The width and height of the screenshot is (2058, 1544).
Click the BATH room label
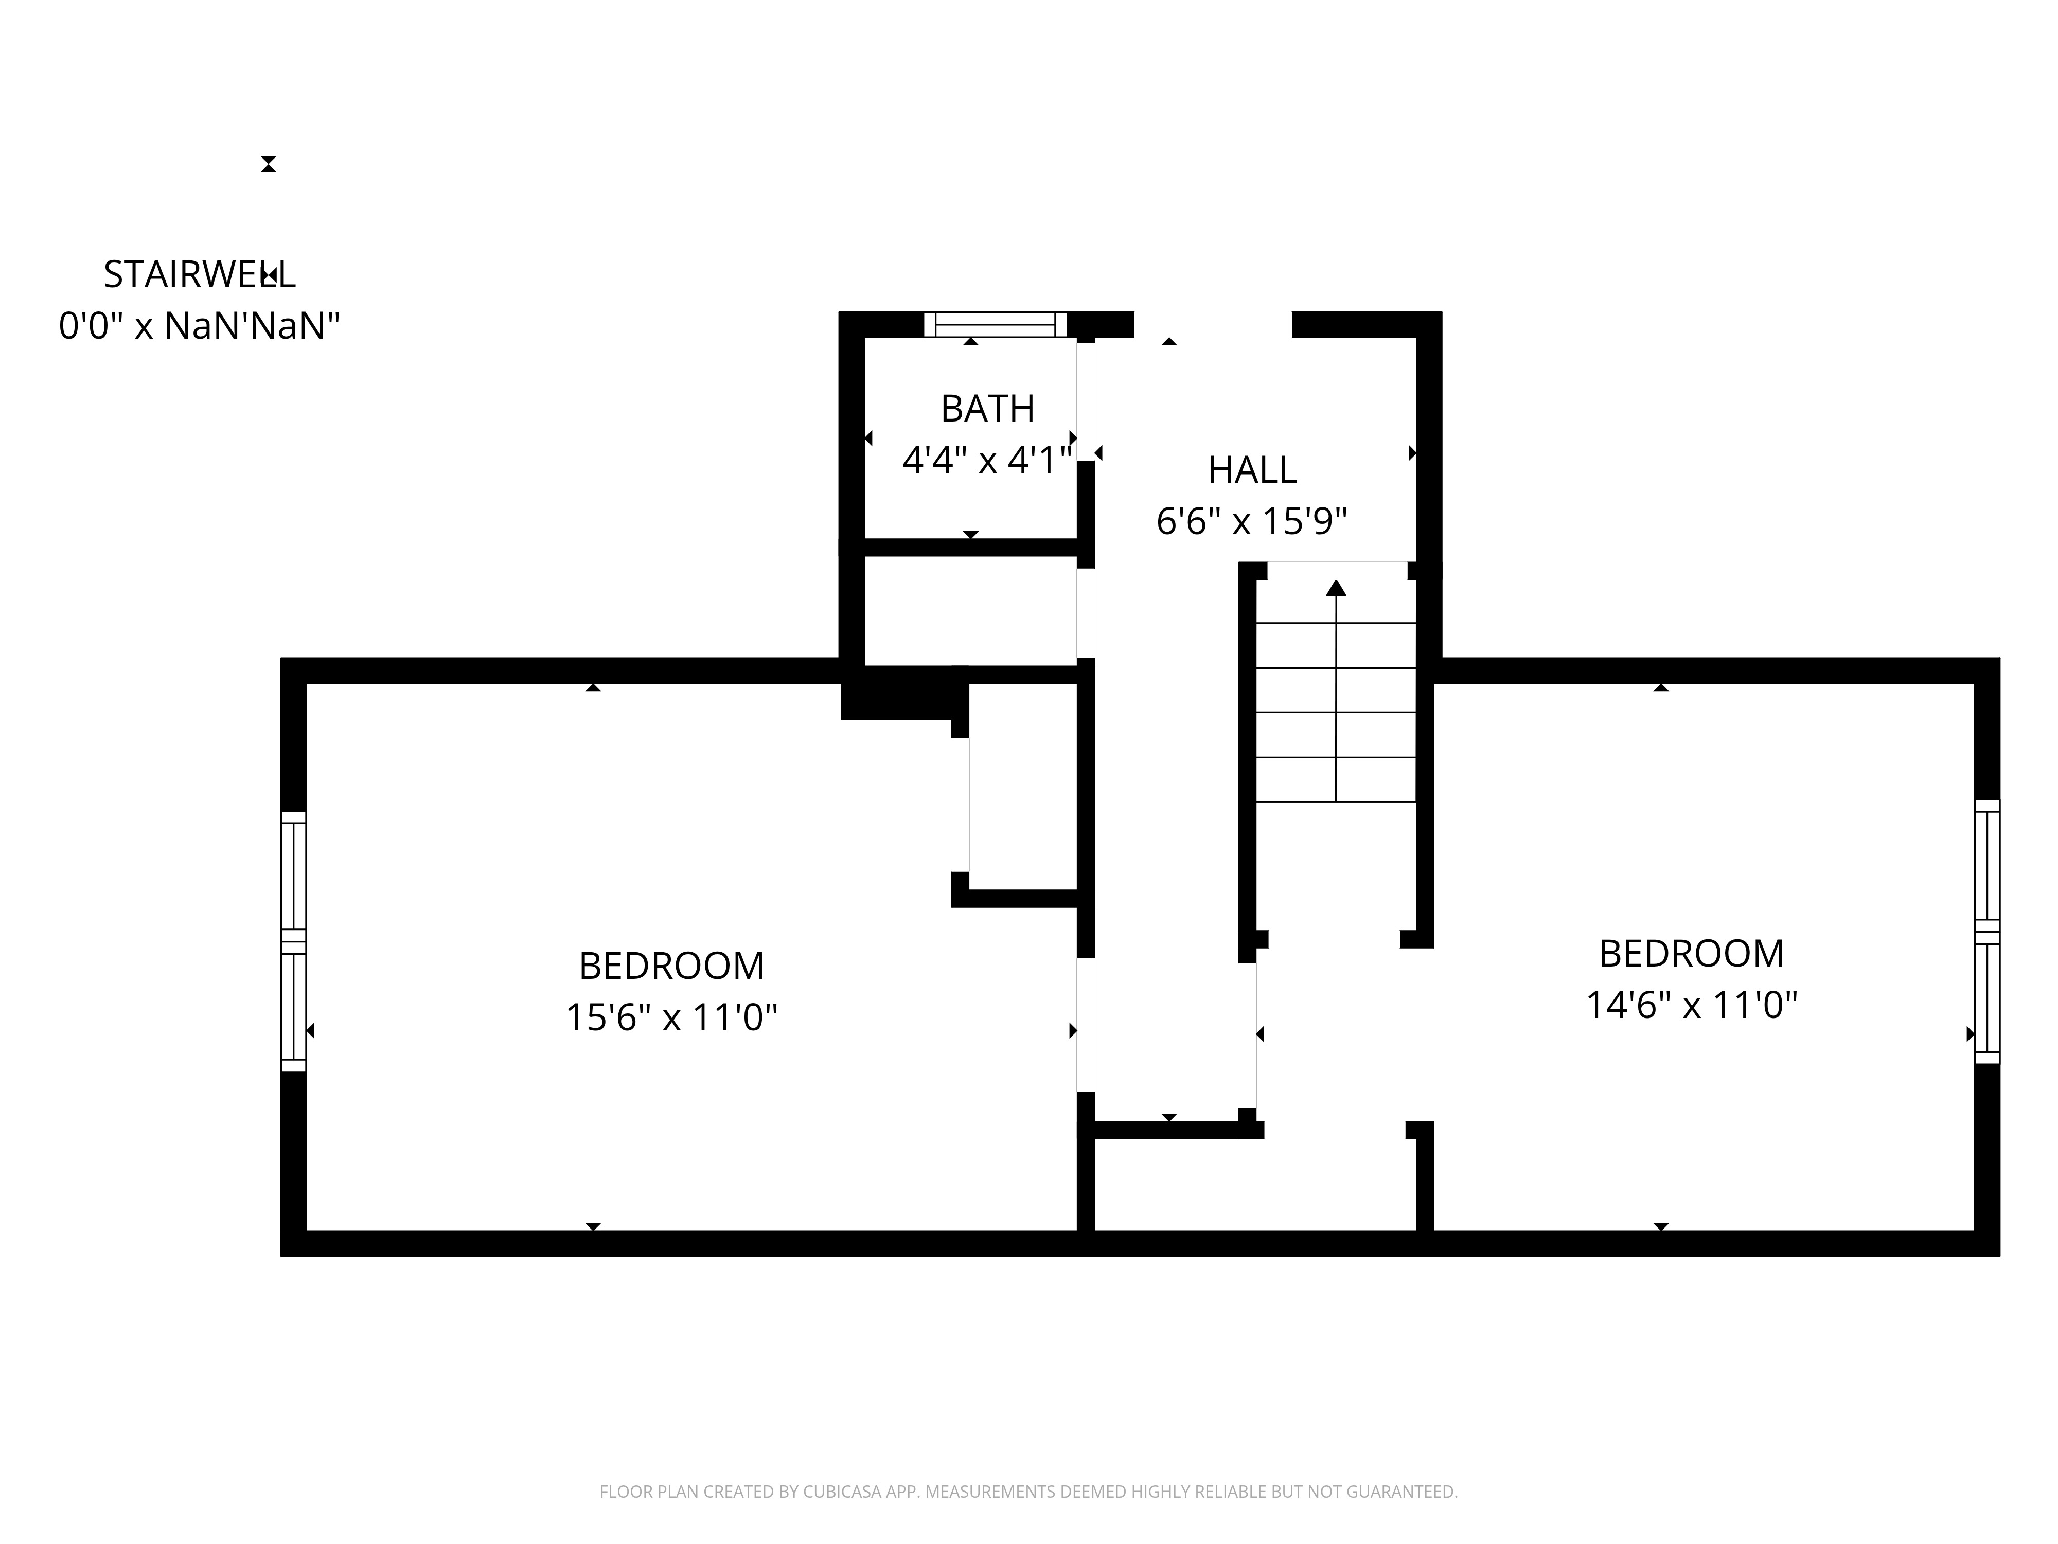[x=987, y=409]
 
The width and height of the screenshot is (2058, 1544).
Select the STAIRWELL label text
[x=199, y=274]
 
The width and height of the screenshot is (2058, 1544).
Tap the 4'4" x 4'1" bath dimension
[x=987, y=460]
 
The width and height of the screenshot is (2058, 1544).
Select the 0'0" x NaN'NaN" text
[x=199, y=326]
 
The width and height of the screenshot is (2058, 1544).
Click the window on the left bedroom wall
[x=293, y=941]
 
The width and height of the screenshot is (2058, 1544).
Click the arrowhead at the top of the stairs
[x=1336, y=587]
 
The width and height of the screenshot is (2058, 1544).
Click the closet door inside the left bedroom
[x=960, y=805]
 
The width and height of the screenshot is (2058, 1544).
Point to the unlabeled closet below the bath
[x=970, y=610]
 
